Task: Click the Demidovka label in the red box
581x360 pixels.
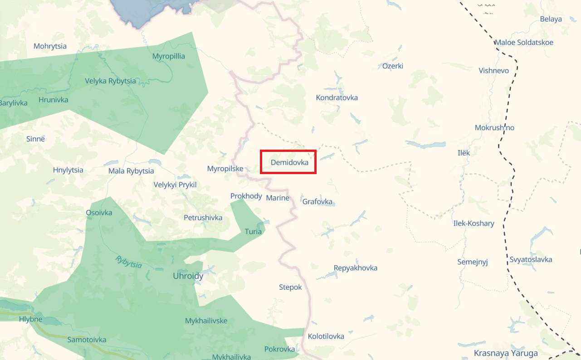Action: [x=289, y=162]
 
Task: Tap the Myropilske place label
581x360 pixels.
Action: [x=225, y=169]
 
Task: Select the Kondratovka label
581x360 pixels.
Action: [x=337, y=97]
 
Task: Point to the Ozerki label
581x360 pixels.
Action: [x=392, y=66]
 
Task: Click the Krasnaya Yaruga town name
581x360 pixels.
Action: [x=506, y=353]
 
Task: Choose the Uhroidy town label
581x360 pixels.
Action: [x=188, y=276]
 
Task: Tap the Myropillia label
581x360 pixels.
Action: [x=169, y=56]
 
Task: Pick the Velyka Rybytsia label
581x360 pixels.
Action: [x=110, y=81]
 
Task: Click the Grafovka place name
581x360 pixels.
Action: [x=317, y=201]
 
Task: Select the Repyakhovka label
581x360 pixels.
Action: [x=355, y=268]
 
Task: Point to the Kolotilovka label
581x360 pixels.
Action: [x=326, y=336]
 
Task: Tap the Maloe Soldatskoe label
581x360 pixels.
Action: [x=523, y=43]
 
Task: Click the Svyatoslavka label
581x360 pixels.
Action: [x=531, y=259]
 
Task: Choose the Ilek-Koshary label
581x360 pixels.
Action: [x=474, y=223]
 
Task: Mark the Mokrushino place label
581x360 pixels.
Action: [x=494, y=127]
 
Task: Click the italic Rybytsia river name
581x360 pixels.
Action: [x=129, y=262]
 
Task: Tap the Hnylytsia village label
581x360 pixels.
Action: [x=68, y=170]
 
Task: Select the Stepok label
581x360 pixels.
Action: [x=290, y=287]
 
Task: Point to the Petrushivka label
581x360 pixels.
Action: [x=203, y=218]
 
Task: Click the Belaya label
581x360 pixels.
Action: [x=551, y=19]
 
